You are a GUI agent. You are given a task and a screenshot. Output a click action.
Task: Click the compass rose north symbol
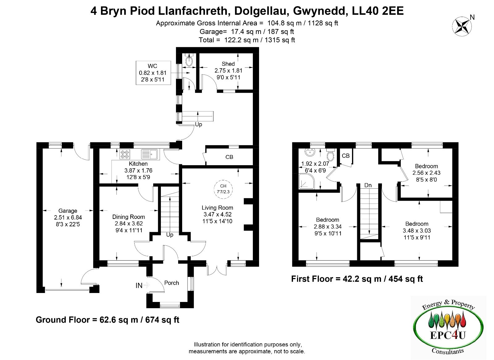pos(462,27)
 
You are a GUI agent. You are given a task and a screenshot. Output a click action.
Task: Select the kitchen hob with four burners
pos(125,154)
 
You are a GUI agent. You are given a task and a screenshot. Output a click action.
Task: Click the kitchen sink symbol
pos(150,154)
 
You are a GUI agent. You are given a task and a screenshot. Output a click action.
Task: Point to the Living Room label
pos(217,207)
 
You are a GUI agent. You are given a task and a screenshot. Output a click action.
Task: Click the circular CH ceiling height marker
pos(223,189)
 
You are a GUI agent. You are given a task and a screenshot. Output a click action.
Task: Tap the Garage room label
pos(68,211)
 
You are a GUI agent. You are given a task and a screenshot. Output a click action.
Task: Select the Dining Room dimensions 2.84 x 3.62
pos(128,224)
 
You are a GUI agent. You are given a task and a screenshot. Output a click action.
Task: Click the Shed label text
pos(228,64)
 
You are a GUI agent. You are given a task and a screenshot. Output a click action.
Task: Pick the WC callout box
pos(153,73)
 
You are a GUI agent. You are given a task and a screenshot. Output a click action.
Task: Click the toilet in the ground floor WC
pos(189,60)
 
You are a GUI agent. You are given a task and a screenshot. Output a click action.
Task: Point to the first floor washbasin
pos(310,152)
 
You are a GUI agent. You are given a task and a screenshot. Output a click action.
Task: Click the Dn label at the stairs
pos(368,185)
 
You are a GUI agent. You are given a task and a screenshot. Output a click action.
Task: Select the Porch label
pos(172,283)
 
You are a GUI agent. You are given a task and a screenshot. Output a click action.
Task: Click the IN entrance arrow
pos(146,285)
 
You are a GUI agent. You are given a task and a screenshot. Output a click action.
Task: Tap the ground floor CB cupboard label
pos(229,157)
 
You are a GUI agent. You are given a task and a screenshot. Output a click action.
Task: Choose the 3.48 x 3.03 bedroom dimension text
pos(417,231)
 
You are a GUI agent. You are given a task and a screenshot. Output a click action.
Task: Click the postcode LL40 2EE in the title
pos(378,11)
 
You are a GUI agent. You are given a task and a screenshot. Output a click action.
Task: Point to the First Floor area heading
pos(357,279)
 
